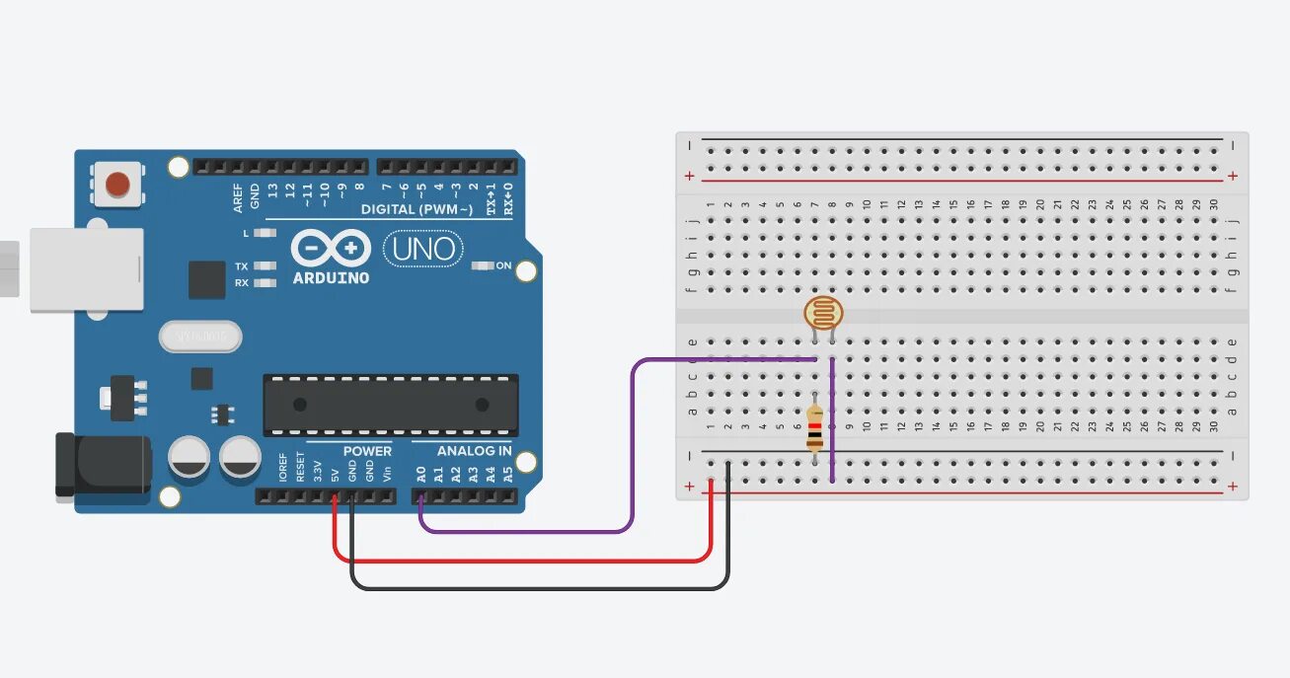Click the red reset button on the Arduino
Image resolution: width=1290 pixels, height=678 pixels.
pos(117,184)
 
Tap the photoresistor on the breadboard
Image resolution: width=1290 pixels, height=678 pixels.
pos(823,314)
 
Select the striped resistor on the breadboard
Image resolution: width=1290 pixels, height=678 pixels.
pos(814,429)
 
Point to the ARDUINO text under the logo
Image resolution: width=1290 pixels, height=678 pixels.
pos(331,278)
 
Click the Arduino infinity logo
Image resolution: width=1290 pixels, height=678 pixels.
pos(331,249)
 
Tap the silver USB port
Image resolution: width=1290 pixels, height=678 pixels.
pos(85,269)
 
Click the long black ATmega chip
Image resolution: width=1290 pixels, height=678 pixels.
pos(390,405)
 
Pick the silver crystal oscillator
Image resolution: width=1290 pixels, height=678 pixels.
pos(199,337)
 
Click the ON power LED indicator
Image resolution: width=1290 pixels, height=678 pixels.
pos(483,265)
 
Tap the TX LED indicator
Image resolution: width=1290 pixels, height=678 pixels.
pos(264,266)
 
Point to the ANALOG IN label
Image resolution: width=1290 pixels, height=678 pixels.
pos(474,451)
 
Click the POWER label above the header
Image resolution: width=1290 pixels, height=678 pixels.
pos(367,451)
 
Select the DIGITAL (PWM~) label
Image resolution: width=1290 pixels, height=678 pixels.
pos(417,209)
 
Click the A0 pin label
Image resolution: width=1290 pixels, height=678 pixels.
pos(421,475)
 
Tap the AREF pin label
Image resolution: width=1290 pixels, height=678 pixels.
pos(238,196)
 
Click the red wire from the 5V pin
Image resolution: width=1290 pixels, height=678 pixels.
pos(523,561)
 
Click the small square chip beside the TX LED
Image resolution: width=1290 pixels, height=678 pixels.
pos(206,279)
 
